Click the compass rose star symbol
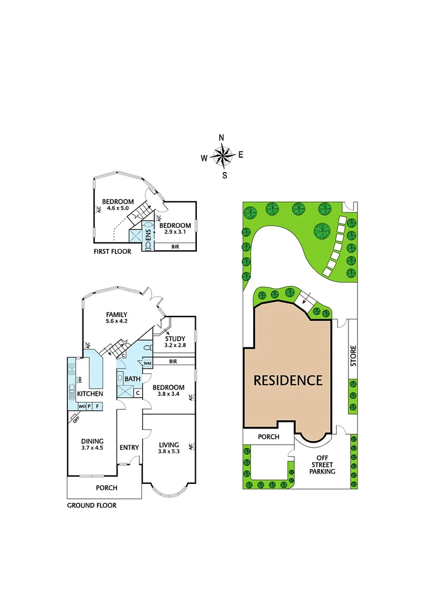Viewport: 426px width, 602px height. [222, 157]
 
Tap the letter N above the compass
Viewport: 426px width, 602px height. [221, 138]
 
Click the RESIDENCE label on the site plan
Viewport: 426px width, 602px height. [288, 380]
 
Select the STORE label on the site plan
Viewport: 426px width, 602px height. [352, 356]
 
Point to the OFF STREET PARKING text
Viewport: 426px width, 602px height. [323, 464]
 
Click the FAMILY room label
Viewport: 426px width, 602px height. [117, 314]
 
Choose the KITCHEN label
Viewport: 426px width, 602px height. [90, 394]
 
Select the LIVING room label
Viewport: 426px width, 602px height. [168, 444]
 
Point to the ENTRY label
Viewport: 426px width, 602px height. [129, 448]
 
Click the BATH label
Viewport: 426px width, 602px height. [132, 380]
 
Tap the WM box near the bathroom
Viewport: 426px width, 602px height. [147, 363]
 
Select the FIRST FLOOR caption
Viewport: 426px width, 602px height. [112, 251]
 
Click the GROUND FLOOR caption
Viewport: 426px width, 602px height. [91, 506]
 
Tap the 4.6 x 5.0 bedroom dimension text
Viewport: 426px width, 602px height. [118, 208]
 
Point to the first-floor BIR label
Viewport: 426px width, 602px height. [175, 246]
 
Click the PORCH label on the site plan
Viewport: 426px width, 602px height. [268, 437]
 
